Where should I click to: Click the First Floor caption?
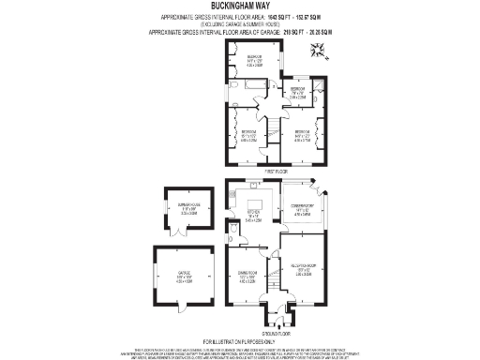coord(275,172)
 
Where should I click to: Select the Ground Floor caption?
coord(275,333)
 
